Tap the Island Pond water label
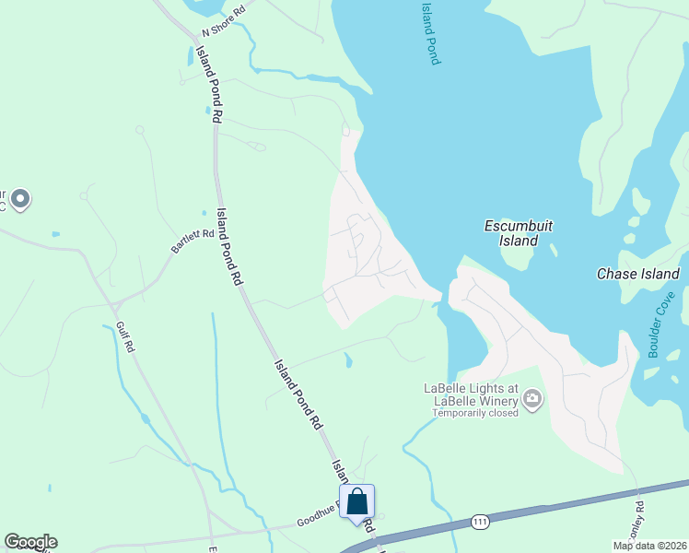point(429,32)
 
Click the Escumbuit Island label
point(512,233)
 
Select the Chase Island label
point(637,274)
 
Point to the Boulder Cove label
point(661,324)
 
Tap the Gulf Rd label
point(125,337)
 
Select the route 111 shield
point(479,522)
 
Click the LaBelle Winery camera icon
point(532,399)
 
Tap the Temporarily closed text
point(475,413)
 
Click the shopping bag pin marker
point(357,502)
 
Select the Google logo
point(30,542)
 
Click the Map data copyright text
point(650,546)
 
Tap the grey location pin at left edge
point(20,198)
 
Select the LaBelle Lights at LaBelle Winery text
point(472,394)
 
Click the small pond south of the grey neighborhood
point(347,360)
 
